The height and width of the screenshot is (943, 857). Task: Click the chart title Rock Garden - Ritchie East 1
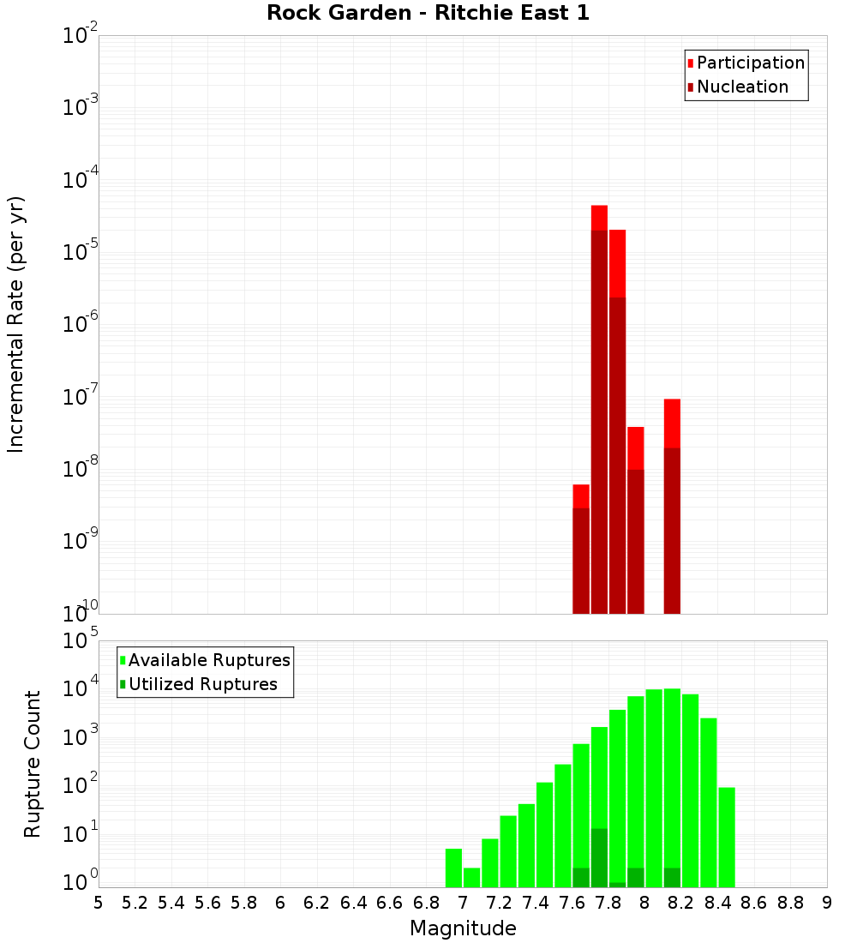pos(428,13)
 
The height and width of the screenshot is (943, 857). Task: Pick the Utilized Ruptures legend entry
pos(202,684)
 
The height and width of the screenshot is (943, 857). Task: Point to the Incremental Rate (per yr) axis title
pos(16,324)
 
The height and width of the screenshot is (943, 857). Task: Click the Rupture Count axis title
pos(33,764)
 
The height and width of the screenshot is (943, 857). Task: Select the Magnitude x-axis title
pos(463,928)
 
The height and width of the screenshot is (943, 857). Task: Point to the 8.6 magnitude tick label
pos(754,903)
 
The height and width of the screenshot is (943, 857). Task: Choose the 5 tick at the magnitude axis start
pos(99,903)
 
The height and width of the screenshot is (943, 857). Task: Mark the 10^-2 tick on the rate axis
pos(81,37)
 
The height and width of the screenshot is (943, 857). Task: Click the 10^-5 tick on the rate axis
pos(81,252)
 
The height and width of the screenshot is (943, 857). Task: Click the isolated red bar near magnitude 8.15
pos(672,506)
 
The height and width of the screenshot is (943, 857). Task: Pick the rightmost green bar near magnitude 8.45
pos(727,837)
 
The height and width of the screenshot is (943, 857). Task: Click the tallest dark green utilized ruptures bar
pos(599,857)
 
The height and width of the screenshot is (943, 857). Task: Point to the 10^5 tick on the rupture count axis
pos(81,641)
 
